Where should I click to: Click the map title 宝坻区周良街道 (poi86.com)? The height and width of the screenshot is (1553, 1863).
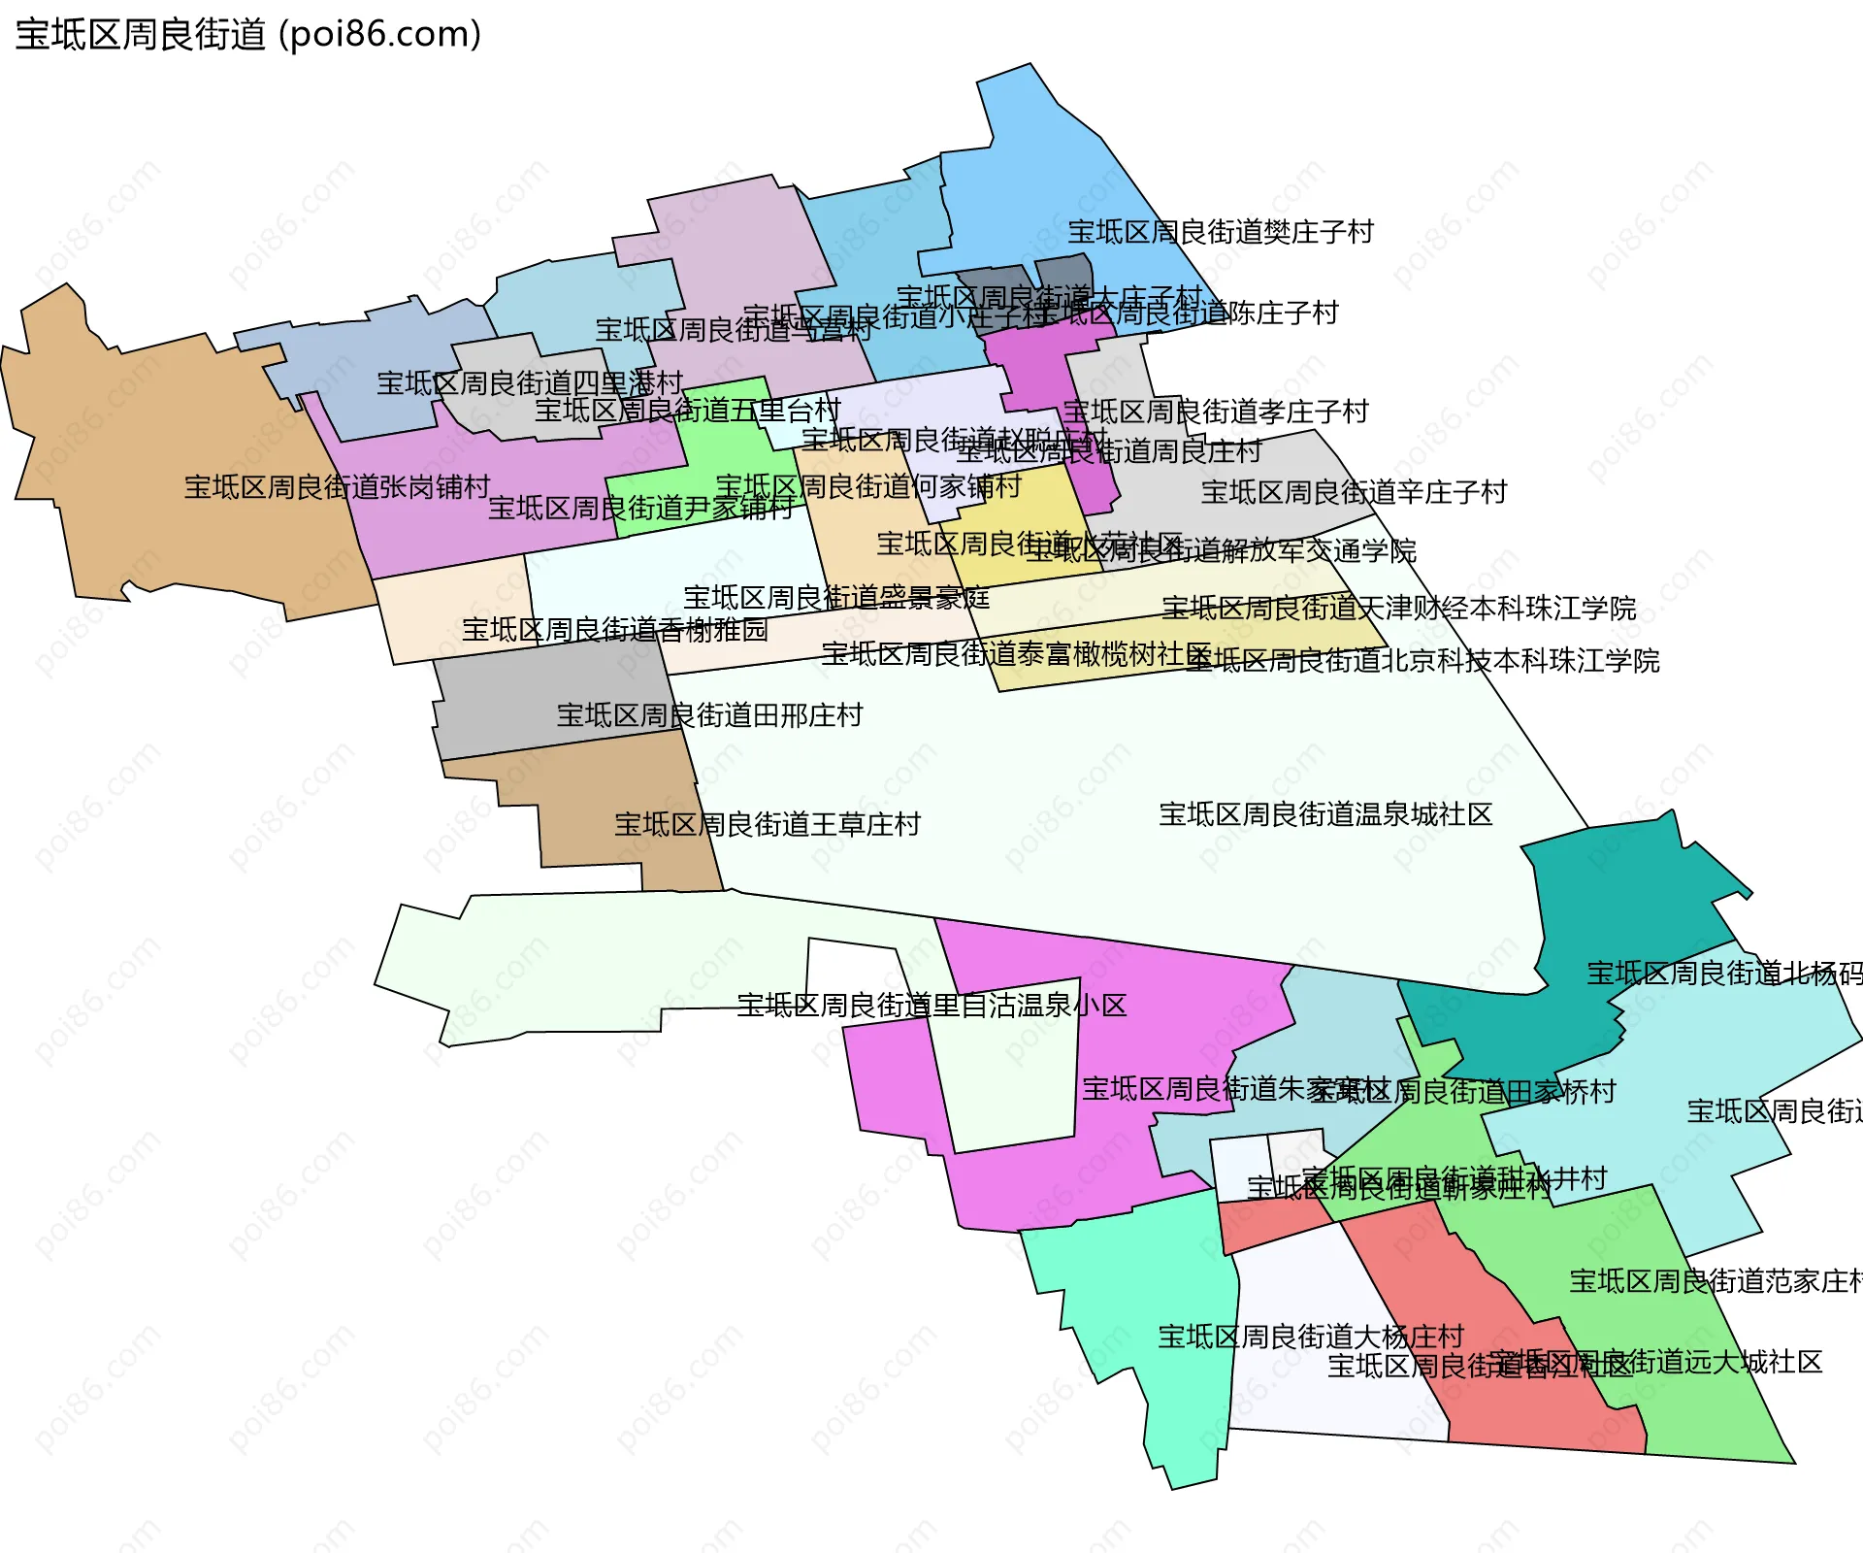click(x=248, y=35)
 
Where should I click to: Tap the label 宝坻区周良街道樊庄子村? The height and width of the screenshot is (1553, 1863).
click(x=1221, y=232)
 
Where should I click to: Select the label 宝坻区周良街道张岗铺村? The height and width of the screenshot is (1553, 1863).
click(x=337, y=486)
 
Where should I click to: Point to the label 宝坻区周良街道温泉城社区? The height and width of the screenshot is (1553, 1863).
click(x=1325, y=814)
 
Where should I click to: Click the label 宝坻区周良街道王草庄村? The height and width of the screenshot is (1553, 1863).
click(x=768, y=824)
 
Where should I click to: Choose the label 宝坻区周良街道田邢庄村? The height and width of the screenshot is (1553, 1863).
click(x=709, y=715)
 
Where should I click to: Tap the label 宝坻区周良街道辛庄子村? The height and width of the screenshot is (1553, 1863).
click(x=1354, y=492)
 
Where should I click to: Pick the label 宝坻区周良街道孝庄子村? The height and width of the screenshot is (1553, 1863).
click(x=1215, y=412)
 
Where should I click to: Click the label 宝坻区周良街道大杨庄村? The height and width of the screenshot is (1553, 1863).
click(x=1310, y=1337)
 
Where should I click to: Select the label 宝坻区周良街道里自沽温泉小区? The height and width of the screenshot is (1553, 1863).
click(x=931, y=1005)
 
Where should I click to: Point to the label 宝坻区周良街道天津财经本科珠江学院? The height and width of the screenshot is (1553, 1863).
click(x=1398, y=609)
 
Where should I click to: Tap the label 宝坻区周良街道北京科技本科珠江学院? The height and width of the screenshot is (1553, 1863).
click(x=1422, y=661)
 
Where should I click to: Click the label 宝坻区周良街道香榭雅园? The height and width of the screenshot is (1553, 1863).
click(x=614, y=630)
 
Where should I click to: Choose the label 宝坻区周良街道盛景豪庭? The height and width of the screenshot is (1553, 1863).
click(x=836, y=597)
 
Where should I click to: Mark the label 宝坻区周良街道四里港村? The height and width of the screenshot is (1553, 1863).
click(x=530, y=382)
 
